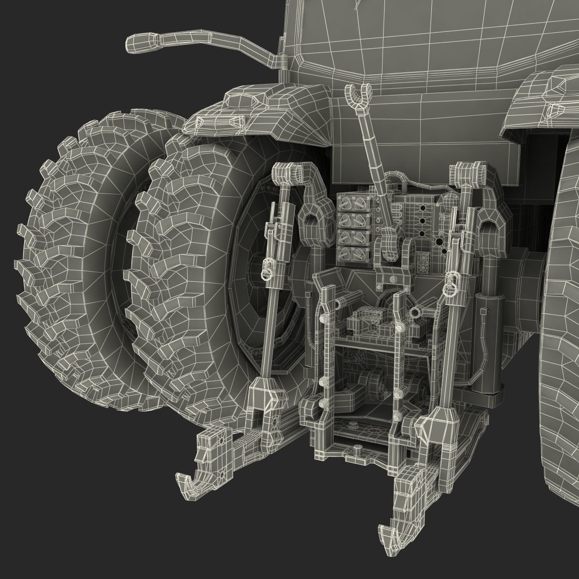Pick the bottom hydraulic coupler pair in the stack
click(x=353, y=252)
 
